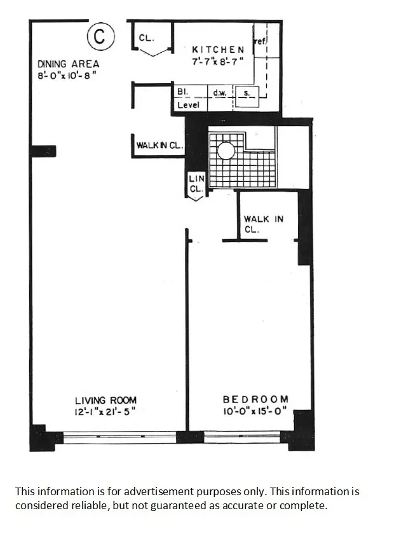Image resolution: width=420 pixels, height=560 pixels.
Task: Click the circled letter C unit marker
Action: (100, 37)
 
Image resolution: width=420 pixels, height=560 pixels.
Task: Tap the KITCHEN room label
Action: (218, 50)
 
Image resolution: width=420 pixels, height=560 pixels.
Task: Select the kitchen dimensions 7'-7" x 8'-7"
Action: (218, 62)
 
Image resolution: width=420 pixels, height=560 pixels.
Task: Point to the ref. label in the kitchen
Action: (259, 41)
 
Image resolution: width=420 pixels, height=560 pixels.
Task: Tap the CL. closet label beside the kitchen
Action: (146, 38)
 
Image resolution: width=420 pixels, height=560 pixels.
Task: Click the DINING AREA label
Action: (68, 64)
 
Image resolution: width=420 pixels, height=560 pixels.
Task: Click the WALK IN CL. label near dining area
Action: (159, 146)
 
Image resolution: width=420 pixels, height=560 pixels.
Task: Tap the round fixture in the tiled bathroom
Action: (226, 151)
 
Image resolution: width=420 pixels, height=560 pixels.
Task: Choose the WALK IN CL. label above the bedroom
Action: (263, 224)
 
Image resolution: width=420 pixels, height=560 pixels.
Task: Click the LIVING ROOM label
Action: (105, 400)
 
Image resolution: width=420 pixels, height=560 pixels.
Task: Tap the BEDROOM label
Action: (255, 399)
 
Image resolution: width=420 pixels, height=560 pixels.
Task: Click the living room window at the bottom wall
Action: (120, 437)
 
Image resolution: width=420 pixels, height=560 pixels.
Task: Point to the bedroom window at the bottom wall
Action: (242, 437)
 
